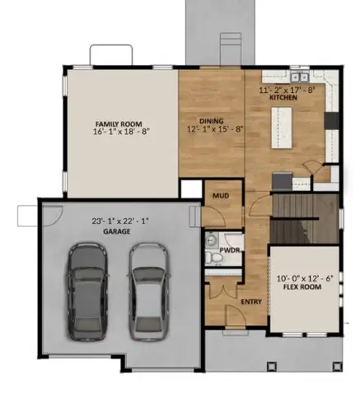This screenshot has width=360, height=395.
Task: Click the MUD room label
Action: click(x=220, y=196)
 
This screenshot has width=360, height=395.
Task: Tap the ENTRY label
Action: click(x=250, y=301)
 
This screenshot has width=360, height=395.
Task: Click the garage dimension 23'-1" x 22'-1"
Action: click(x=119, y=221)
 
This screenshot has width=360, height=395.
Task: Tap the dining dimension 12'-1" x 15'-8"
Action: click(x=213, y=129)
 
